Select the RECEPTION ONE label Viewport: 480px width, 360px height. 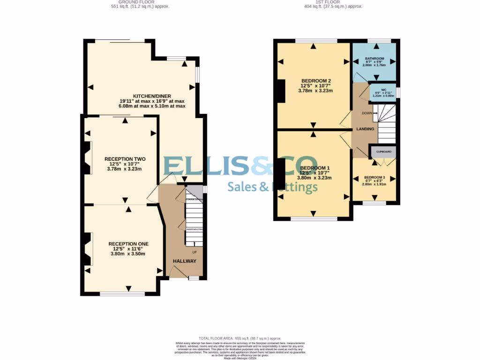[128, 244]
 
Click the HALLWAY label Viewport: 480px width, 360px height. [184, 261]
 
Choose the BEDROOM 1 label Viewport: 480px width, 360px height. [315, 168]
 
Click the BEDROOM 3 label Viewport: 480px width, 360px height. [375, 178]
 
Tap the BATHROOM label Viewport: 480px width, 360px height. [375, 59]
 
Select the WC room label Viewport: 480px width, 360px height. [383, 90]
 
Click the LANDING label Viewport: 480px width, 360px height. [365, 129]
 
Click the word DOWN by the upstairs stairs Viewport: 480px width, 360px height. [367, 113]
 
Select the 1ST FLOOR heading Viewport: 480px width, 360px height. [327, 2]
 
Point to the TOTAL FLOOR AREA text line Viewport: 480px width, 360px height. [240, 338]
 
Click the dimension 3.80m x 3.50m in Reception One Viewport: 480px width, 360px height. [128, 254]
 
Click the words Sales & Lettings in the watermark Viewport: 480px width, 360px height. [272, 187]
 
